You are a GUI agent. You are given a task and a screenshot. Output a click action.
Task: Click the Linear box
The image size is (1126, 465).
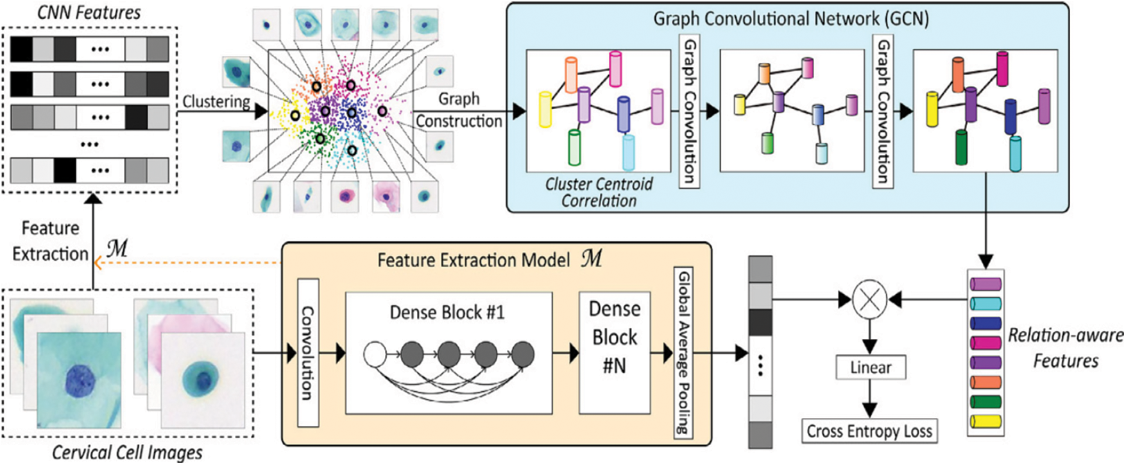(x=871, y=367)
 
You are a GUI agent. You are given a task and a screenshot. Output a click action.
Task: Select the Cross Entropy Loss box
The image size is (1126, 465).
(x=869, y=431)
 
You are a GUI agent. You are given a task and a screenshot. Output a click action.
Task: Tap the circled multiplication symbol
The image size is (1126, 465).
(x=869, y=299)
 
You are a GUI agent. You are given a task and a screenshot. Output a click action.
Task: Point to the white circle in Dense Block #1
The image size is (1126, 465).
(x=375, y=353)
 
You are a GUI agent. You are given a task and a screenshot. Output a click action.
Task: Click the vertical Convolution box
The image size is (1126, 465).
(x=308, y=353)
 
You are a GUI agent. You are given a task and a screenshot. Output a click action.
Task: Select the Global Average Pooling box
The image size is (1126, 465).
(x=684, y=353)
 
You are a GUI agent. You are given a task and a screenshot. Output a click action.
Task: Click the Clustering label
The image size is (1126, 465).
(x=216, y=101)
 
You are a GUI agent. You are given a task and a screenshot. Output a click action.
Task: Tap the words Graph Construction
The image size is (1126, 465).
(x=459, y=110)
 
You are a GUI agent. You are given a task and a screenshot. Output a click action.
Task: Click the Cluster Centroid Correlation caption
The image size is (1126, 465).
(x=599, y=192)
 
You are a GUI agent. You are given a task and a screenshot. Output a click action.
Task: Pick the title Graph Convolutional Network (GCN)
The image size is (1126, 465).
(x=790, y=19)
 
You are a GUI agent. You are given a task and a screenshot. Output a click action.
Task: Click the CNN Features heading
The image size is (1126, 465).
(x=89, y=12)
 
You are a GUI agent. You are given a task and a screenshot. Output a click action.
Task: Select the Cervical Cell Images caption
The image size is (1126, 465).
(x=127, y=452)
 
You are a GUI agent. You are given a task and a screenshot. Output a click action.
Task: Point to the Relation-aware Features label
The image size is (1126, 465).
(x=1066, y=347)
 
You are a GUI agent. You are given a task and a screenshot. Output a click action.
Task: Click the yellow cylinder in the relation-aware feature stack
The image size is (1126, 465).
(x=985, y=422)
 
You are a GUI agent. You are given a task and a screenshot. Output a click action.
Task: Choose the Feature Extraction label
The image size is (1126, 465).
(x=50, y=241)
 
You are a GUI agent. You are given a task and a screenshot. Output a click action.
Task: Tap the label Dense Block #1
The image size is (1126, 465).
(x=447, y=313)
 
